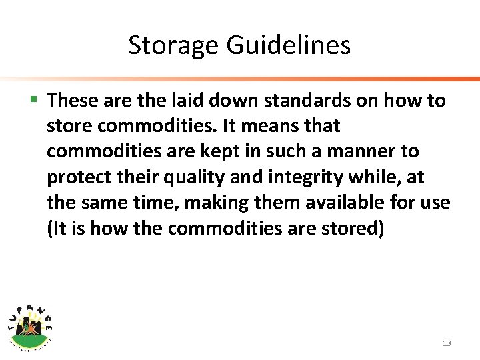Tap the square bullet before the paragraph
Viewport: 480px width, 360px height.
click(x=35, y=100)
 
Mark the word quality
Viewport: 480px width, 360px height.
click(x=185, y=177)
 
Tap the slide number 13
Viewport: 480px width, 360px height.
click(x=446, y=343)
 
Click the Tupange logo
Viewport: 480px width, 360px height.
click(x=31, y=323)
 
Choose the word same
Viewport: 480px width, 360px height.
click(x=107, y=202)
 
